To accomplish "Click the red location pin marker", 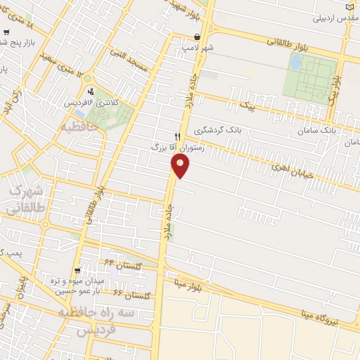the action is click(180, 166).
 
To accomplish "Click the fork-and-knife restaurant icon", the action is click(177, 136).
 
